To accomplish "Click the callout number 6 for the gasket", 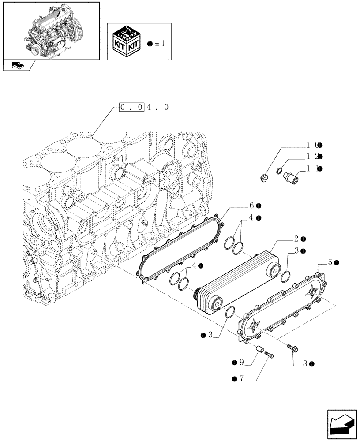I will coord(252,206).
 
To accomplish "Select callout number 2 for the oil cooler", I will coord(297,239).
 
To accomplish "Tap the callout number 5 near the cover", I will coord(330,262).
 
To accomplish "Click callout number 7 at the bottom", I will coord(241,379).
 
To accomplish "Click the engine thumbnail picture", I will coord(51,30).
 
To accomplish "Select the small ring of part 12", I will coord(280,171).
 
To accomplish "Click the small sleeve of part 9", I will coord(259,349).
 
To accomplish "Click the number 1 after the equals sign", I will coord(164,44).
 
